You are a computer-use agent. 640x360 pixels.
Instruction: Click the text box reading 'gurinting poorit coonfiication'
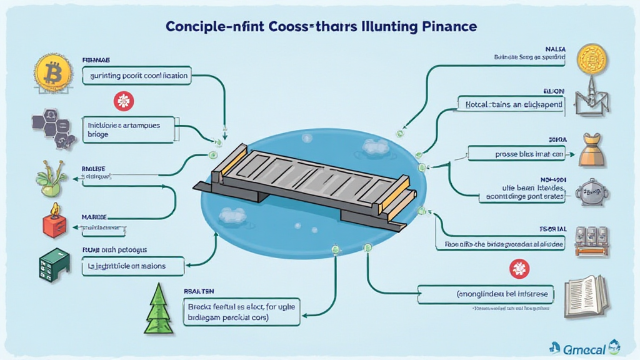coord(136,76)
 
